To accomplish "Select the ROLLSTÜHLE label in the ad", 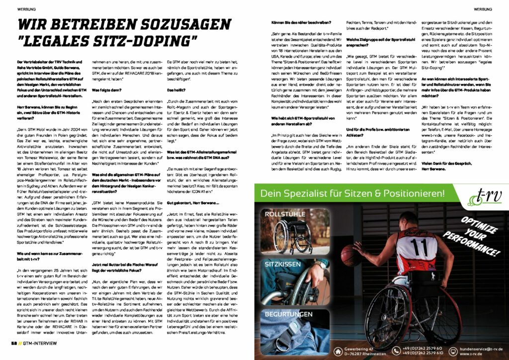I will (x=285, y=215).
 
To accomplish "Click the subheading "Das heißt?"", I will (x=177, y=90).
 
